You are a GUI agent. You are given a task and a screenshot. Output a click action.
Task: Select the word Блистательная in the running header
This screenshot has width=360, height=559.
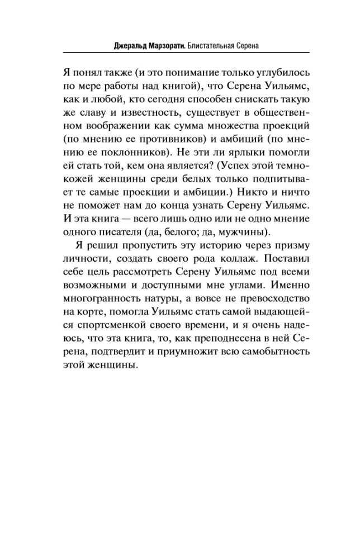(x=215, y=44)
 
